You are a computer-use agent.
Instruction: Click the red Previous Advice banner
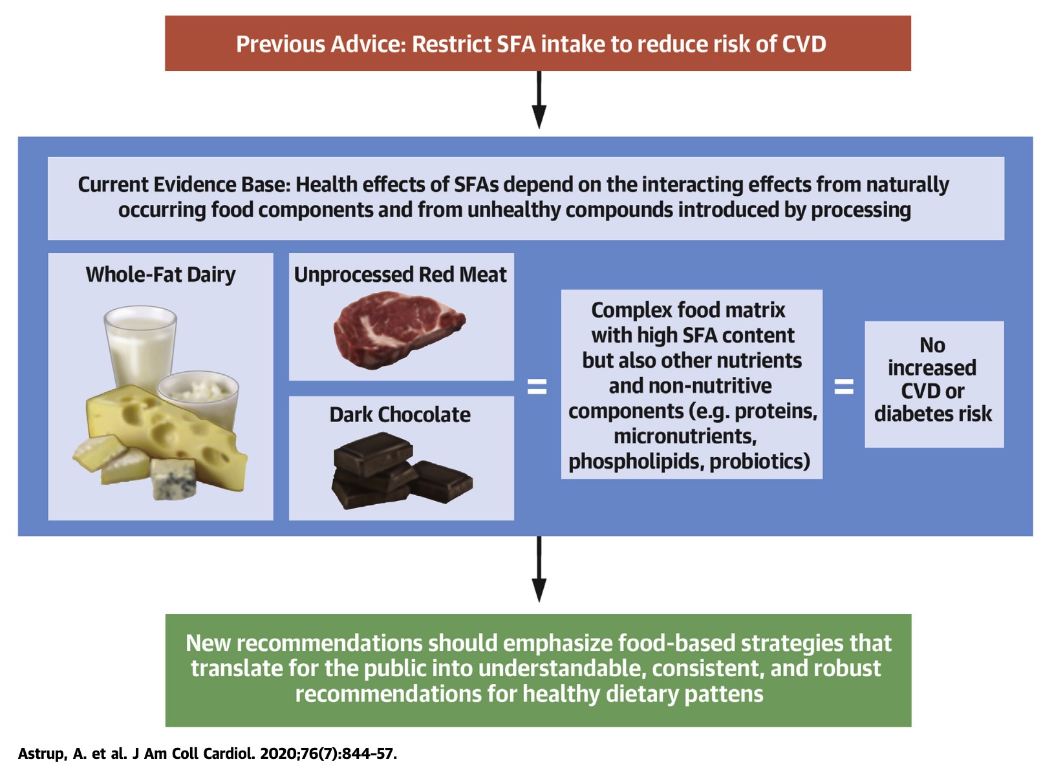[x=538, y=43]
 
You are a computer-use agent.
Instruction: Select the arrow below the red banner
[x=539, y=100]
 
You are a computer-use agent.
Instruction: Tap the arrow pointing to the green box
[x=539, y=569]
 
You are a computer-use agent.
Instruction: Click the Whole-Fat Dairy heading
[x=160, y=275]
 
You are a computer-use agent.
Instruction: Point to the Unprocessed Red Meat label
[x=400, y=275]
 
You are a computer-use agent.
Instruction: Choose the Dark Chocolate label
[x=400, y=415]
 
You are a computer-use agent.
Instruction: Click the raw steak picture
[x=399, y=329]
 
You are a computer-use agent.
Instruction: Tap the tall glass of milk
[x=140, y=350]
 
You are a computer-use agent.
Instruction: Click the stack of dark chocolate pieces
[x=401, y=471]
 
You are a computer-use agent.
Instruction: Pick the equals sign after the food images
[x=537, y=387]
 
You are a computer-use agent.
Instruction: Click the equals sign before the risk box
[x=844, y=387]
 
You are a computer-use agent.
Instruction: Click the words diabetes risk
[x=933, y=414]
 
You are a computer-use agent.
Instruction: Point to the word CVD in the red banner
[x=804, y=44]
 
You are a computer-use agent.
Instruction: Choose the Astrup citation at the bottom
[x=208, y=754]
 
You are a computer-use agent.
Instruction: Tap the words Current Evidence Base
[x=184, y=184]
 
